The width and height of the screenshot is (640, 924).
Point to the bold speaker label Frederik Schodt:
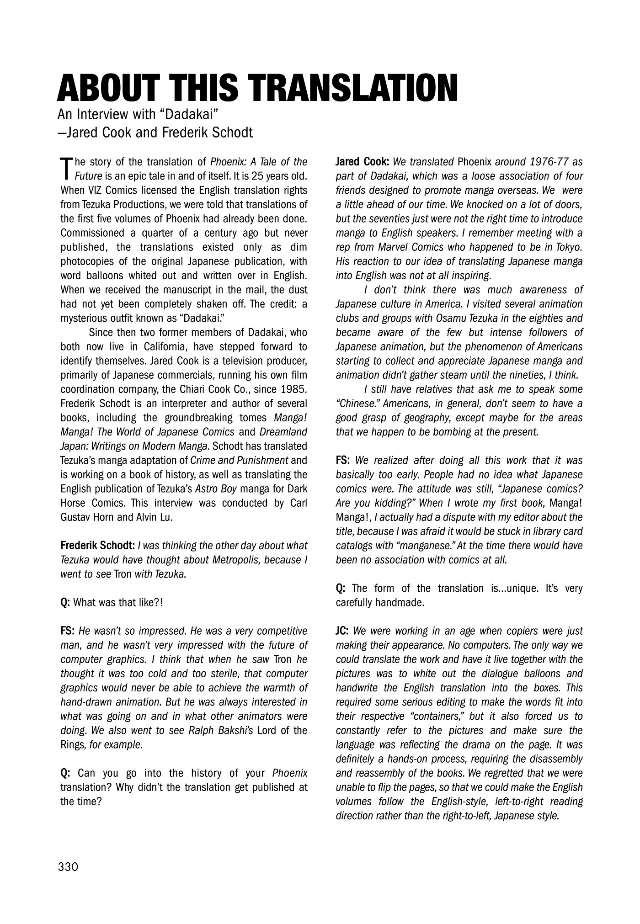tap(97, 546)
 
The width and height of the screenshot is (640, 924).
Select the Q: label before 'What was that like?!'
tap(65, 602)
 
